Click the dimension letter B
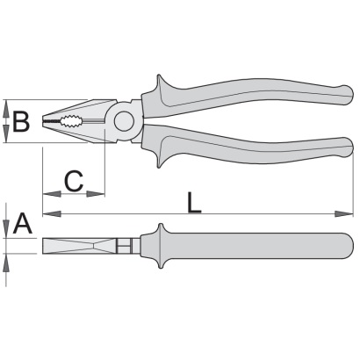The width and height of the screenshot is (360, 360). pyautogui.click(x=21, y=121)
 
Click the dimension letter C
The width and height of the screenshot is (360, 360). pyautogui.click(x=74, y=181)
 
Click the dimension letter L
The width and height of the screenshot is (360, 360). pyautogui.click(x=194, y=203)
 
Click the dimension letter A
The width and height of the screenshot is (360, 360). pyautogui.click(x=22, y=224)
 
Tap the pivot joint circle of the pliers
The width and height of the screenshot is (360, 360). pyautogui.click(x=124, y=121)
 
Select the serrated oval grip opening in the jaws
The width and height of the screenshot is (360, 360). pyautogui.click(x=71, y=121)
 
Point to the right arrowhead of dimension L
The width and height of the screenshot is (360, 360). pyautogui.click(x=344, y=214)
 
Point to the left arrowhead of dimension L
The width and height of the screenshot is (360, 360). pyautogui.click(x=52, y=214)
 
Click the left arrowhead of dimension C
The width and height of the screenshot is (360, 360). pyautogui.click(x=52, y=194)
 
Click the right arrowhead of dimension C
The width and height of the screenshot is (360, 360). pyautogui.click(x=96, y=194)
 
